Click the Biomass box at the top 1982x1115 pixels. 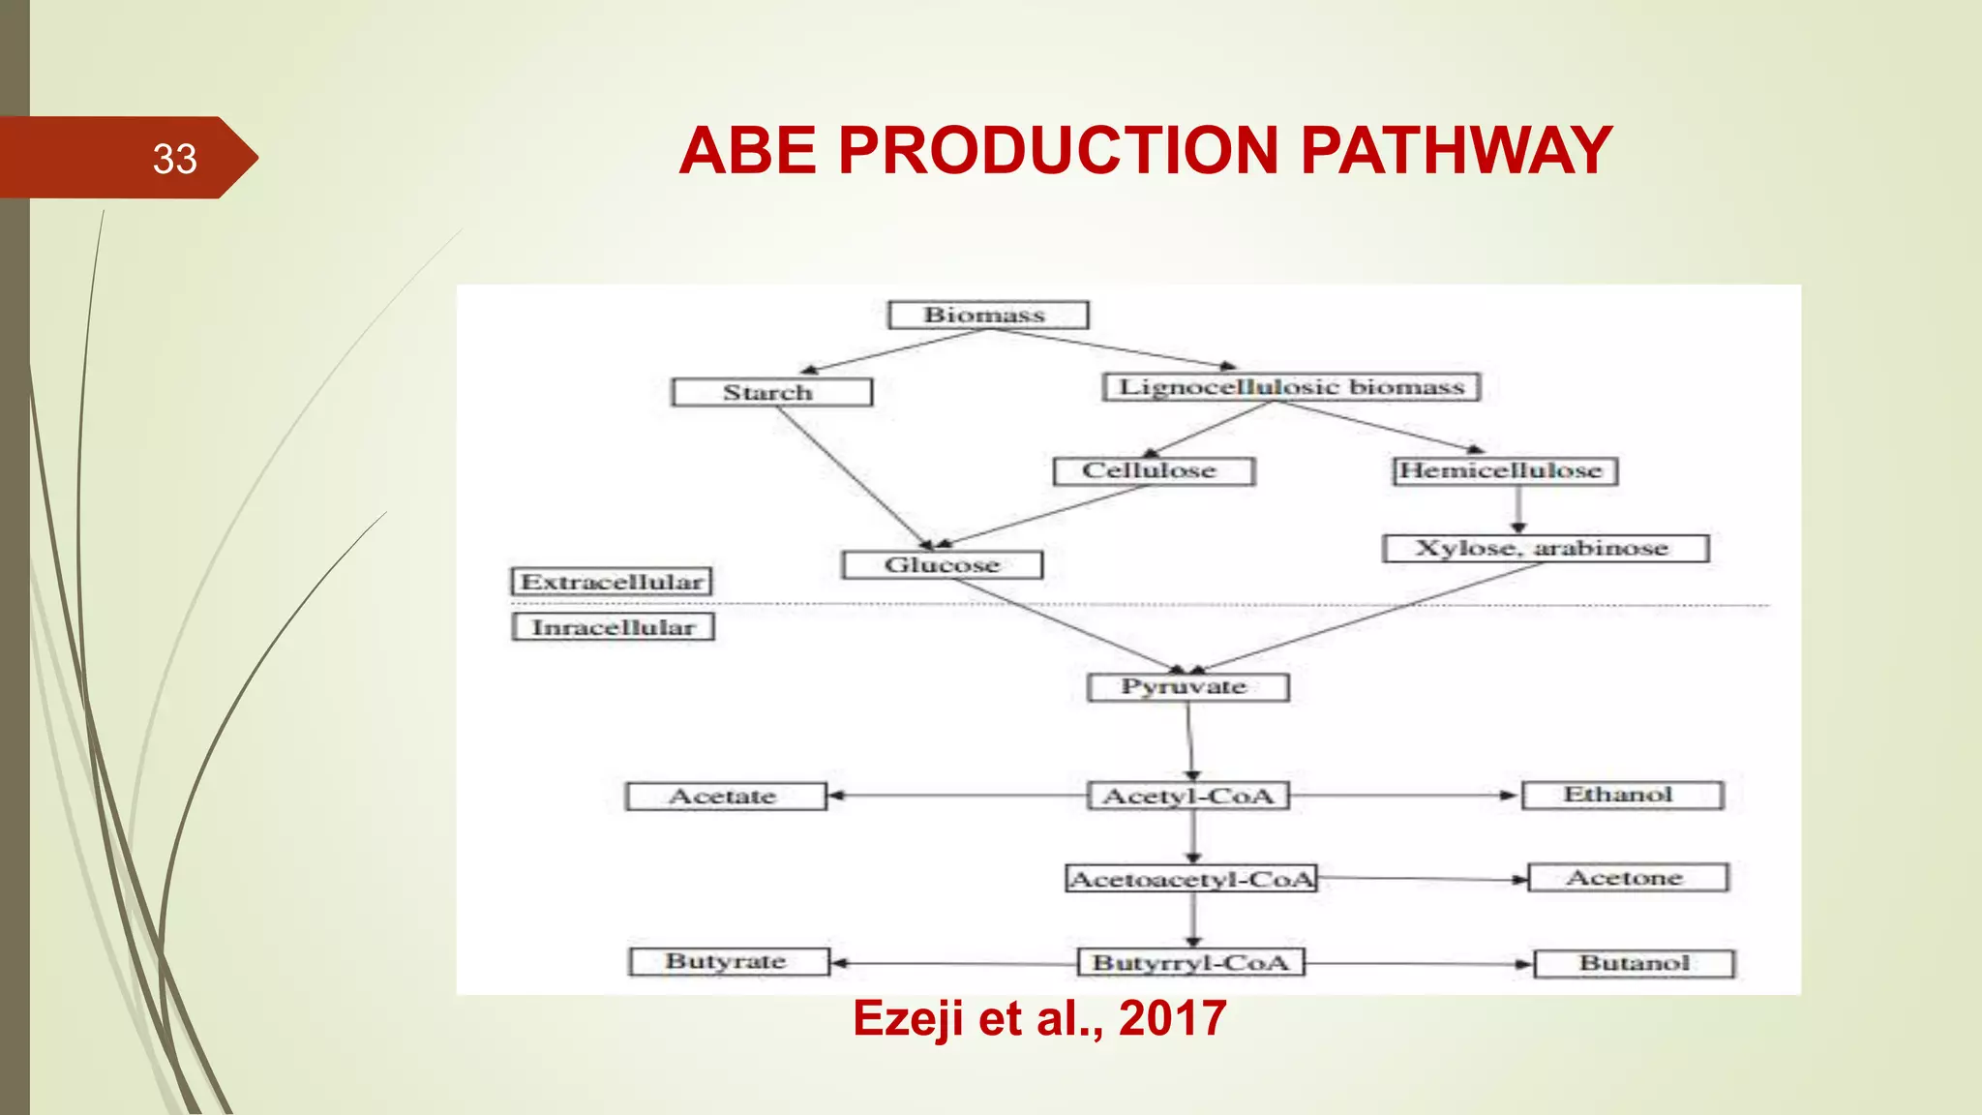pyautogui.click(x=988, y=316)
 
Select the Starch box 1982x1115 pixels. pyautogui.click(x=771, y=392)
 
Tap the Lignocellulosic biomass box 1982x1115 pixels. pyautogui.click(x=1291, y=387)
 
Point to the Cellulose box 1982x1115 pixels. pyautogui.click(x=1153, y=471)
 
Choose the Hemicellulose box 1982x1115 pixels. pyautogui.click(x=1504, y=471)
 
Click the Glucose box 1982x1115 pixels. pyautogui.click(x=942, y=565)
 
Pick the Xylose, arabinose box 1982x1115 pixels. pyautogui.click(x=1545, y=549)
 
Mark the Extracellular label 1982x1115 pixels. pyautogui.click(x=612, y=582)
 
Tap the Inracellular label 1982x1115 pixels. pyautogui.click(x=613, y=627)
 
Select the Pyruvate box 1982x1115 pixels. pyautogui.click(x=1187, y=687)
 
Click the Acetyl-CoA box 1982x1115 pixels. pyautogui.click(x=1188, y=796)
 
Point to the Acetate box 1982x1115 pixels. pyautogui.click(x=726, y=797)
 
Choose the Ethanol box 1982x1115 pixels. pyautogui.click(x=1622, y=796)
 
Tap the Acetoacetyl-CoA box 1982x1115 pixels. pyautogui.click(x=1191, y=879)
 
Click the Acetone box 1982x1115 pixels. pyautogui.click(x=1628, y=878)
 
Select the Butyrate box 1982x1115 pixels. pyautogui.click(x=729, y=962)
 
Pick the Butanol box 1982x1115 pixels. pyautogui.click(x=1635, y=964)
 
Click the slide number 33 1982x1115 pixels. pyautogui.click(x=174, y=159)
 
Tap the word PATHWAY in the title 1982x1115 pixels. pyautogui.click(x=1456, y=151)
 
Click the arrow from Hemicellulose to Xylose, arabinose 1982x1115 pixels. pyautogui.click(x=1517, y=509)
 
